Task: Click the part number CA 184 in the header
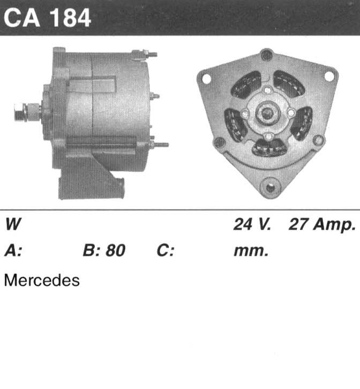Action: (x=47, y=18)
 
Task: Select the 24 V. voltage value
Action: (x=252, y=224)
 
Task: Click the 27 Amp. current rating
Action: (x=322, y=225)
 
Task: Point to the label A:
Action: (x=13, y=250)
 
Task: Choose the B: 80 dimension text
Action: (x=104, y=250)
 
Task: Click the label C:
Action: (x=166, y=250)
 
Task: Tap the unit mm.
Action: (x=251, y=251)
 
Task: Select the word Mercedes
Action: (x=42, y=280)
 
